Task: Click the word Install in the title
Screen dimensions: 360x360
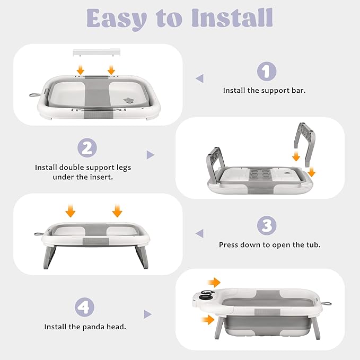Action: click(x=232, y=18)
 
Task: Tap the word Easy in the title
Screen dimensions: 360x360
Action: click(x=117, y=20)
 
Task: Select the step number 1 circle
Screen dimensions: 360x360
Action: click(x=267, y=71)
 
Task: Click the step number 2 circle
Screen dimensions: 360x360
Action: click(x=87, y=147)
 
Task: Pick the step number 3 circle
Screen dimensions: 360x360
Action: click(x=267, y=225)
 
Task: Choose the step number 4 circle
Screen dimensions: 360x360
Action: click(x=84, y=307)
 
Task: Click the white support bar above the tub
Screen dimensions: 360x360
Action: click(x=96, y=52)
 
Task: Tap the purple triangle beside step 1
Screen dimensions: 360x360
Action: click(x=200, y=78)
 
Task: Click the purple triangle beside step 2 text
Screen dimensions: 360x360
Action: click(x=151, y=155)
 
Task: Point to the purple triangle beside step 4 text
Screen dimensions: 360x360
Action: click(x=147, y=314)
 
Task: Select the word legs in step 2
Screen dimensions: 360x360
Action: click(x=124, y=168)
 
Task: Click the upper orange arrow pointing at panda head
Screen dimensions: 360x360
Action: click(x=214, y=283)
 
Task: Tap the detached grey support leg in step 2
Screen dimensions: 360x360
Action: click(x=304, y=144)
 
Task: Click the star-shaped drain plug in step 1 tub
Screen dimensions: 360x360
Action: click(x=128, y=100)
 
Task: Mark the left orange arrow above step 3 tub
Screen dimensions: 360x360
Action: click(x=71, y=210)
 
